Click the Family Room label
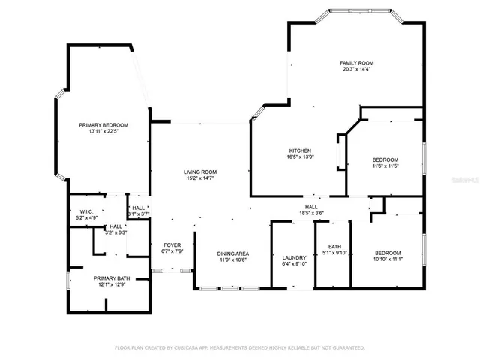(356, 62)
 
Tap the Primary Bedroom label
(104, 124)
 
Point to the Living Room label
(200, 172)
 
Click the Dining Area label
(233, 253)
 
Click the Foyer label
(172, 245)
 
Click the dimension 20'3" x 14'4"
(356, 69)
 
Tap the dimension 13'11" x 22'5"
(104, 131)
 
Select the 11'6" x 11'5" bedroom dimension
(385, 166)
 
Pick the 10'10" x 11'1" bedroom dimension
(388, 259)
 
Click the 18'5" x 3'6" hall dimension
(310, 213)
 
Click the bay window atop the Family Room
(356, 12)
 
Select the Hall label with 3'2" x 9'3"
(116, 229)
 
